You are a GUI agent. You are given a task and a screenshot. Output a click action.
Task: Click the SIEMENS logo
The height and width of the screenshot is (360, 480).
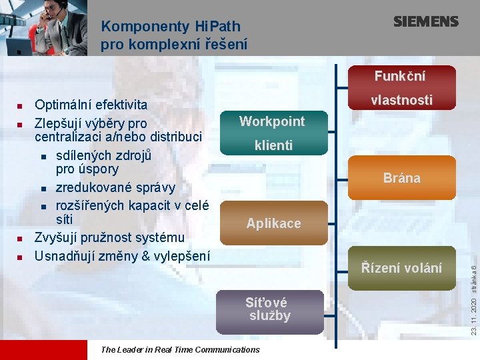425,21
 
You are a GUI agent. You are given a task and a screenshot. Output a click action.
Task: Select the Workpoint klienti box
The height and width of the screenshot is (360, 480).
272,133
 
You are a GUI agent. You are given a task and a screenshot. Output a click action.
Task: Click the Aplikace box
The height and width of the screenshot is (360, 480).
273,223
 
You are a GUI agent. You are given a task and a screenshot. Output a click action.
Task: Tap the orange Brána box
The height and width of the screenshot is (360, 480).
401,178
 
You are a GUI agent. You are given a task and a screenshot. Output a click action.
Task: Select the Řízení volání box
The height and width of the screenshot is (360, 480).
401,267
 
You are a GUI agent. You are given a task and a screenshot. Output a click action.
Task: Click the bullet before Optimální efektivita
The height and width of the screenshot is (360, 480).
20,105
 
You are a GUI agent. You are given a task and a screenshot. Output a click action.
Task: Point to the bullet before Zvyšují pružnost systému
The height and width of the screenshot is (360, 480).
20,238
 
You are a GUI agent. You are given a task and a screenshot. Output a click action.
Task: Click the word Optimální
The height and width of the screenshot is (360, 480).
63,105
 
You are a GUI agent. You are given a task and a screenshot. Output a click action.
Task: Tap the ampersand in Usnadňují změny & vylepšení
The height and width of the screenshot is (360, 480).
141,255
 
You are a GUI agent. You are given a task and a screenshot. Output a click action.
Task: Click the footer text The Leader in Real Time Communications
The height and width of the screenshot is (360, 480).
179,349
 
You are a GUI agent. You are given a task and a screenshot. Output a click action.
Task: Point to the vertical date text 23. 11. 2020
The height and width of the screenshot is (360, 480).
473,314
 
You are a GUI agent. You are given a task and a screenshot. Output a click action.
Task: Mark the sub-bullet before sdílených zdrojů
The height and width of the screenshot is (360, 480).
43,157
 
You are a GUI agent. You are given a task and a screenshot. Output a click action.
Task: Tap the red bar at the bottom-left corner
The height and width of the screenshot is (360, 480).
43,350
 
